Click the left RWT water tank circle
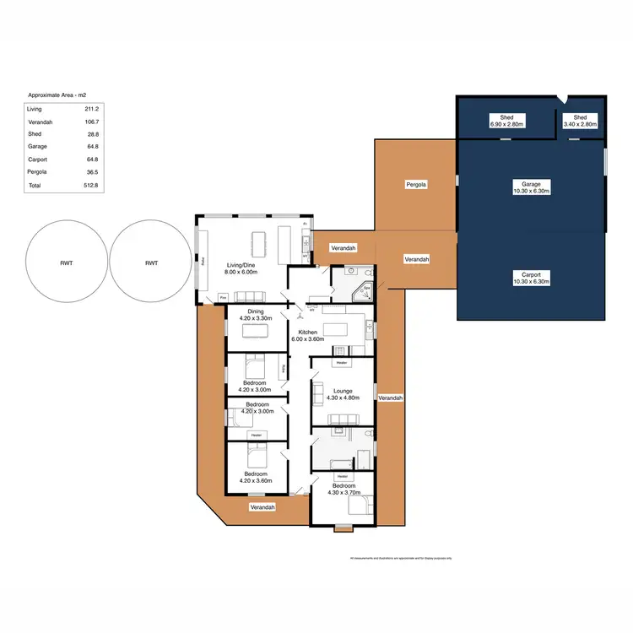[x=67, y=262]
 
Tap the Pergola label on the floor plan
[x=416, y=183]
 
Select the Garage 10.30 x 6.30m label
[x=531, y=187]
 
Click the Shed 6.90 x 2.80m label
[x=507, y=121]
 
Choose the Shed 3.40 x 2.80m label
[x=581, y=121]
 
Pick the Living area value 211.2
[x=93, y=109]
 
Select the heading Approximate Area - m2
[x=57, y=95]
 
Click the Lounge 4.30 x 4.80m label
[x=343, y=394]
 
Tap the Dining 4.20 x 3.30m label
[x=255, y=316]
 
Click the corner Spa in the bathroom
[x=365, y=292]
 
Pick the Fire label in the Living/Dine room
[x=224, y=298]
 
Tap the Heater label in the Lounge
[x=342, y=364]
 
